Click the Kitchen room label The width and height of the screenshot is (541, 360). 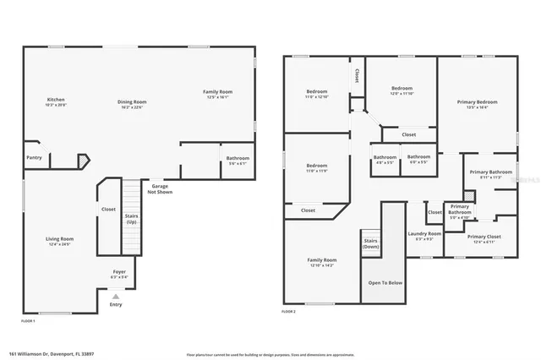56,101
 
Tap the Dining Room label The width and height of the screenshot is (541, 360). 131,103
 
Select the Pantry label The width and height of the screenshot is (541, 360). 34,157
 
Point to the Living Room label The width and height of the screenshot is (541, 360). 59,241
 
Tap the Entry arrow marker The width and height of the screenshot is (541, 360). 116,297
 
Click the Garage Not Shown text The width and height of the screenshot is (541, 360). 160,189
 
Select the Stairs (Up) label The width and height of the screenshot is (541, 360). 131,218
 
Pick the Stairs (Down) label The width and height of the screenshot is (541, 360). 370,243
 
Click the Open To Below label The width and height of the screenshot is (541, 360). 385,283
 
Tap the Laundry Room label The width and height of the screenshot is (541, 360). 424,235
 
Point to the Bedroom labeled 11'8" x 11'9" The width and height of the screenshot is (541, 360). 317,167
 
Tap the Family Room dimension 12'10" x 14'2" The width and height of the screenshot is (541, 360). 321,265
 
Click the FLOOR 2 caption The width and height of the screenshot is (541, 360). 289,312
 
